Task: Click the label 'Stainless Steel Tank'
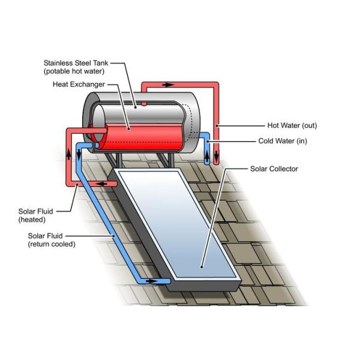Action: coord(76,62)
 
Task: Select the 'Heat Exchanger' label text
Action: coord(79,83)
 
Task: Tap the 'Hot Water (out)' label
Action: coord(292,125)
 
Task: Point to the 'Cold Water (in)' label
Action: coord(291,141)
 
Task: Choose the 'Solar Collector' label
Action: coord(274,169)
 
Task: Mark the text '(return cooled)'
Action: coord(52,244)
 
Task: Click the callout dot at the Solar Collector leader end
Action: coord(202,266)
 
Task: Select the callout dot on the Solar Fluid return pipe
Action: coord(114,239)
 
